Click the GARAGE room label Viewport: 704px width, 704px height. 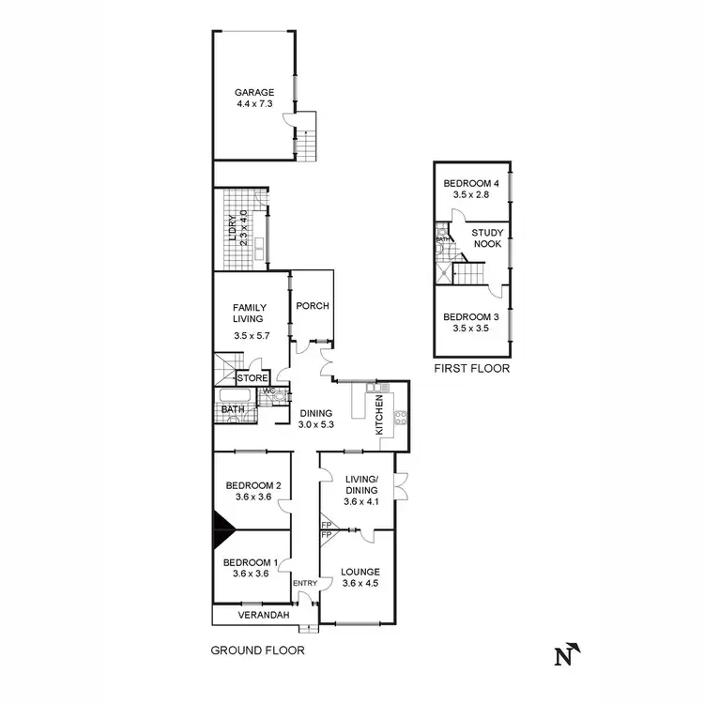coord(254,92)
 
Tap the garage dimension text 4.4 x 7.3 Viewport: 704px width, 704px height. coord(254,104)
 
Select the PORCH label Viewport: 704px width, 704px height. coord(311,307)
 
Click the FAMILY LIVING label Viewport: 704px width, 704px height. coord(250,314)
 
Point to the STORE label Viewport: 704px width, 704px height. coord(253,378)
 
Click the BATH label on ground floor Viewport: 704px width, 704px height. coord(233,409)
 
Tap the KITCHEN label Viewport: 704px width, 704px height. coord(380,416)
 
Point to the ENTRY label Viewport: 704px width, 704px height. coord(306,584)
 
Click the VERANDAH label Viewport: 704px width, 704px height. coord(250,615)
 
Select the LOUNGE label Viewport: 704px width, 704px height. coord(360,571)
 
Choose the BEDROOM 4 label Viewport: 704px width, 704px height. coord(471,183)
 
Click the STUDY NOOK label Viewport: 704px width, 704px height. coord(487,237)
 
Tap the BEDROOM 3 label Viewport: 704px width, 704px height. coord(471,317)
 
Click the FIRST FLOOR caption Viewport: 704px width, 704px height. coord(471,369)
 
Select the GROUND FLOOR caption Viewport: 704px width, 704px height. coord(257,650)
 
